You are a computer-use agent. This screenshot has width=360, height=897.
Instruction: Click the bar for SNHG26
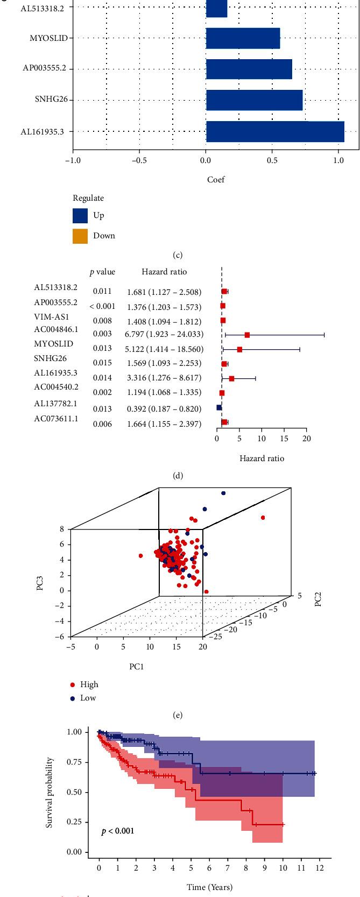(254, 100)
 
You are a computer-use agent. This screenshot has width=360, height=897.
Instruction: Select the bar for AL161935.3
(274, 131)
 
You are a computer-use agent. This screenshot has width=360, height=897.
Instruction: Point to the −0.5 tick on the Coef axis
(139, 160)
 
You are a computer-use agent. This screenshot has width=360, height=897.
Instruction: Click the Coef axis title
(216, 180)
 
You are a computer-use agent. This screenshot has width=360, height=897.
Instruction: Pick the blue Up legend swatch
(80, 216)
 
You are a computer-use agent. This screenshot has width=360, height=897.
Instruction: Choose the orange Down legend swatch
(80, 235)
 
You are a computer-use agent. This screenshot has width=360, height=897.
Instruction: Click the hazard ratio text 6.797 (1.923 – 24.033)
(164, 334)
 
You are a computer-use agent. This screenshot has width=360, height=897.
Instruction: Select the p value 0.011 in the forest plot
(102, 291)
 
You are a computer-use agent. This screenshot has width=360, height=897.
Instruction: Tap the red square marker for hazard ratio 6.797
(247, 335)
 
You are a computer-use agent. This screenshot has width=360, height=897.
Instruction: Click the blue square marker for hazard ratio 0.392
(219, 407)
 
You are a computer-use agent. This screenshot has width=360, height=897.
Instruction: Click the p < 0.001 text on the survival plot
(118, 831)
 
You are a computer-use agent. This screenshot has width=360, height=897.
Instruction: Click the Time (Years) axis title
(209, 887)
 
